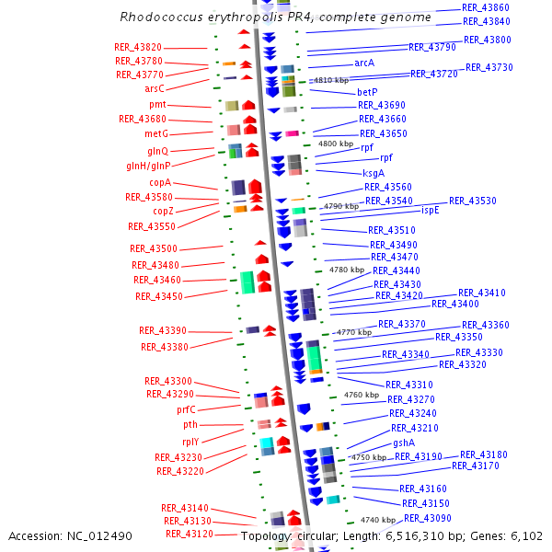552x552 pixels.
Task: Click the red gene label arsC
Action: (154, 88)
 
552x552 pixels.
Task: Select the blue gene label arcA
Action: (364, 63)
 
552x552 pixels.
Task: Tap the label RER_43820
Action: (138, 48)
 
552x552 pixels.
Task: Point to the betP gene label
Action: (367, 93)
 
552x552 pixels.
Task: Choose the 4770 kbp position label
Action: (354, 332)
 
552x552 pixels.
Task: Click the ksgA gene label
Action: (374, 173)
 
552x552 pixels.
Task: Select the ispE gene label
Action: (431, 210)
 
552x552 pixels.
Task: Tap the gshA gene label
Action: (404, 443)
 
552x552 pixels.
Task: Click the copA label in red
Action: (160, 183)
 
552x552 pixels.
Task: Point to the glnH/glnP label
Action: (148, 167)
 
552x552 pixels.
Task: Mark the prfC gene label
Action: (186, 409)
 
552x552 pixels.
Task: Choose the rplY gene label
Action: (190, 442)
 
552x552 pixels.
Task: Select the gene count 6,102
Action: (525, 535)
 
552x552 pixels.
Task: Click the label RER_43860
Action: (485, 7)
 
